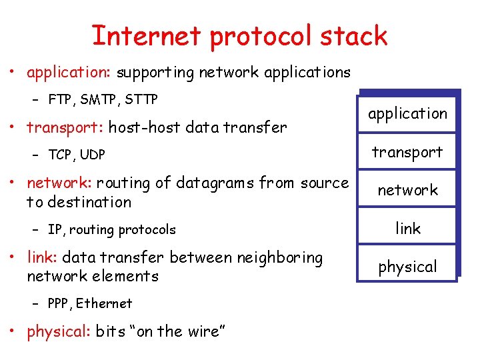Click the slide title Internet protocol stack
point(239,36)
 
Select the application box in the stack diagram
point(407,114)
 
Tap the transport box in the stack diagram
point(407,152)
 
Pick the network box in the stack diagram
point(407,190)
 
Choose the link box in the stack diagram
point(407,229)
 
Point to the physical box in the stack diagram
point(407,267)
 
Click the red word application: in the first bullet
point(69,73)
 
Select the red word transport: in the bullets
point(65,127)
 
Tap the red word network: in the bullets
point(59,183)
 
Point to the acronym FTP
point(61,100)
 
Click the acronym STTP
point(141,100)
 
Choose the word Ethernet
point(104,303)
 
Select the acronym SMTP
point(99,100)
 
